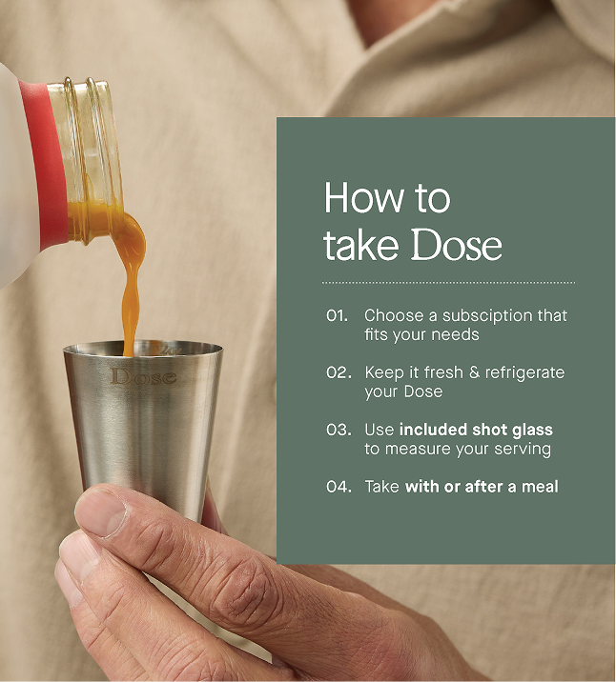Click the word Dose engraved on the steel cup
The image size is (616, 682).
coord(144,376)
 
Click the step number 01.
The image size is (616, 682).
coord(337,315)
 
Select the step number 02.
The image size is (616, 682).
coord(339,372)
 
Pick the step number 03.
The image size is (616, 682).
coord(339,430)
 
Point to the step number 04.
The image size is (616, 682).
coord(339,487)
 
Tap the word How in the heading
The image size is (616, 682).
coord(362,198)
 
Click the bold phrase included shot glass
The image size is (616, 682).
coord(476,430)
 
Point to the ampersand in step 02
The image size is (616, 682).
coord(474,372)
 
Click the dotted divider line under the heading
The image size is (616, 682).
coord(448,282)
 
